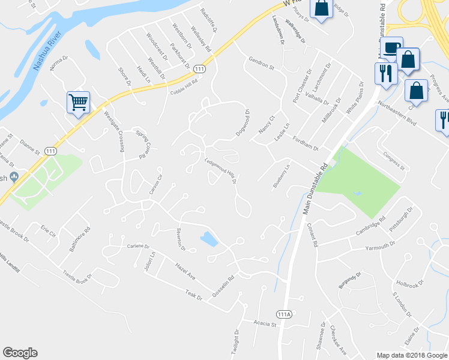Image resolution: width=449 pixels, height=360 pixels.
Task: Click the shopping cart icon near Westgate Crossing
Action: tap(79, 103)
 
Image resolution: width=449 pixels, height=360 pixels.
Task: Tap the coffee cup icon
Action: tap(391, 47)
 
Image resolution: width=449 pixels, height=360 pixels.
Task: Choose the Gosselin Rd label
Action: tap(221, 280)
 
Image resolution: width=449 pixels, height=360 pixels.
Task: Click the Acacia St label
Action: tap(264, 324)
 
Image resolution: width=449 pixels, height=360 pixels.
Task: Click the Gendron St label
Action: tap(261, 64)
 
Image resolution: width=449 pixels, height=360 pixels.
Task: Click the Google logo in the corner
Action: tap(20, 353)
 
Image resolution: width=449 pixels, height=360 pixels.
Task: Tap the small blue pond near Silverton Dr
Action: tap(208, 239)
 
